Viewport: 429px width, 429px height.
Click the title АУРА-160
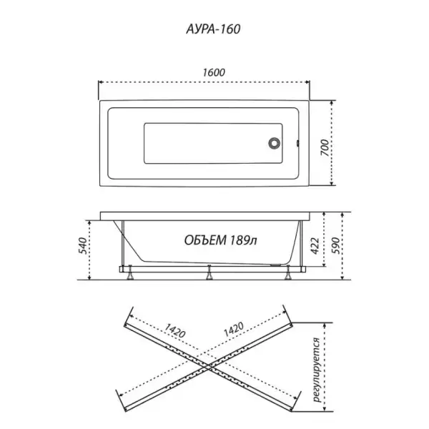tap(213, 29)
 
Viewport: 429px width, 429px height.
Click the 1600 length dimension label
tap(214, 72)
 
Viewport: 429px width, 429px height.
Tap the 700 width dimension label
tap(325, 147)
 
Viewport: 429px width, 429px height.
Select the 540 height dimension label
tap(84, 246)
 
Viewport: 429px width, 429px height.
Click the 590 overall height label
tap(335, 246)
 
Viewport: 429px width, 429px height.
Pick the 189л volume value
tap(243, 240)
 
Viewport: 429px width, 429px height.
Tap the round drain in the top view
tap(274, 143)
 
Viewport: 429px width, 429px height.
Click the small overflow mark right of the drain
tap(297, 143)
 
